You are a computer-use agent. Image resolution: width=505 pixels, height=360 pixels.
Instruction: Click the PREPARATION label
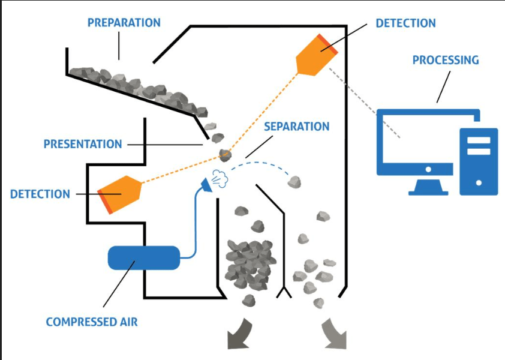(x=124, y=23)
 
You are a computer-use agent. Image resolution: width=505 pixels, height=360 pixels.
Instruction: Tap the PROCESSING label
(x=446, y=60)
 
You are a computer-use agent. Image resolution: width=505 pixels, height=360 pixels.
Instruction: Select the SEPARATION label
(x=297, y=127)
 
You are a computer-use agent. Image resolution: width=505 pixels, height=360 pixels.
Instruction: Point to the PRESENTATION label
(x=83, y=144)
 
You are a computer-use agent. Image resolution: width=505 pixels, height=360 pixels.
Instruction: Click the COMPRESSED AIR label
(x=92, y=322)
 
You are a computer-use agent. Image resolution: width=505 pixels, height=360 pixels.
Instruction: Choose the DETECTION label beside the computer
(x=406, y=23)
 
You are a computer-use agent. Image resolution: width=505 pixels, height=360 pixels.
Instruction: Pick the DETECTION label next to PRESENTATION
(x=40, y=194)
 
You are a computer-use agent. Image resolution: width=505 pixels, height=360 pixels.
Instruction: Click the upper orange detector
(x=317, y=55)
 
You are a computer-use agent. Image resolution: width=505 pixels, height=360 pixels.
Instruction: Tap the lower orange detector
(x=119, y=194)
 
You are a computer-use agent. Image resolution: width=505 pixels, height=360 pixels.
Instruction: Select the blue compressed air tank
(x=143, y=258)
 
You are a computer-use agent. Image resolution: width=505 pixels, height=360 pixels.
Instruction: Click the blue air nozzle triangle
(x=207, y=185)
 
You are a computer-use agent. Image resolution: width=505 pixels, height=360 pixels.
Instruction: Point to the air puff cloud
(x=220, y=179)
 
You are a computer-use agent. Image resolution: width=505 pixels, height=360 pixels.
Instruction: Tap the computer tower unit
(x=479, y=161)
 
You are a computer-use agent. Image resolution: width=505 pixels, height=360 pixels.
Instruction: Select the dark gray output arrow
(x=240, y=334)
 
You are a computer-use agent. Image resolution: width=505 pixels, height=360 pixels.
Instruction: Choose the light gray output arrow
(x=334, y=334)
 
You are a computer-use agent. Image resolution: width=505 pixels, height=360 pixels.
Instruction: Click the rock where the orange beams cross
(x=225, y=155)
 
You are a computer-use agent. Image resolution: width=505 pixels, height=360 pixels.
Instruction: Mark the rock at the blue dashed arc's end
(x=294, y=182)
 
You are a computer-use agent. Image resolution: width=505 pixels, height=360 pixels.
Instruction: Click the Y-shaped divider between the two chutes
(x=284, y=291)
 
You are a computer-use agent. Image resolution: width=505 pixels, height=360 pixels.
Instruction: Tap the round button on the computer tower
(x=479, y=183)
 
